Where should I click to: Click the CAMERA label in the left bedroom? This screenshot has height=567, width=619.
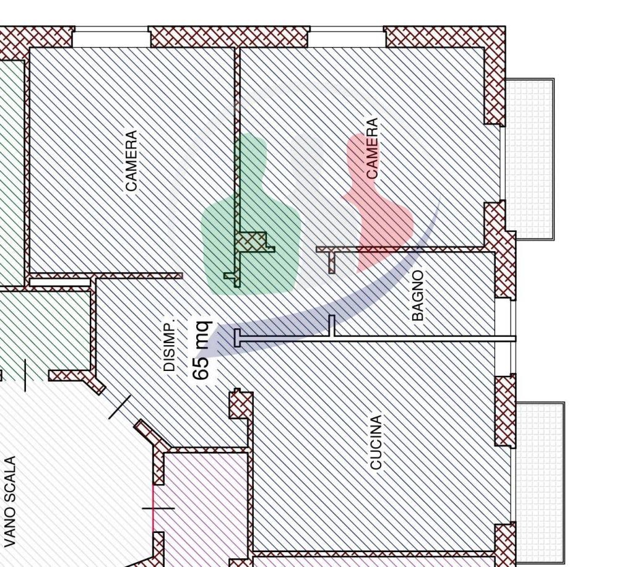point(131,161)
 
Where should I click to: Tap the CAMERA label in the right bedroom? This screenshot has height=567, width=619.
point(372,148)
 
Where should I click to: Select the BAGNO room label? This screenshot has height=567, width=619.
point(417,296)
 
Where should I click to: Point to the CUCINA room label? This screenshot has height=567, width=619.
point(376,442)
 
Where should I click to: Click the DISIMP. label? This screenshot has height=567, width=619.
point(170,346)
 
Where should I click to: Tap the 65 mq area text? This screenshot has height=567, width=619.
point(202,350)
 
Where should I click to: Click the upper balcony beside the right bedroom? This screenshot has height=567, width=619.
point(529,158)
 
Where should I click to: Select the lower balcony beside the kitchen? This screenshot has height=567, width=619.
point(539,482)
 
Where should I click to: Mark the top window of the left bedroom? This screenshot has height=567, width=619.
point(111,37)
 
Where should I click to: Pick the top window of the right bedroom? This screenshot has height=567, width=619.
point(347,37)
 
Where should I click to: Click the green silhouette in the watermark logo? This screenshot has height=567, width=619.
point(251,215)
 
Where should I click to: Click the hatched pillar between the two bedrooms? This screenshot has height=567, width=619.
point(251,241)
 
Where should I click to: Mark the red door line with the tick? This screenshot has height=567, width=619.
point(153,508)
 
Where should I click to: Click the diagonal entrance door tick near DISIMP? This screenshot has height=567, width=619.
point(119,406)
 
